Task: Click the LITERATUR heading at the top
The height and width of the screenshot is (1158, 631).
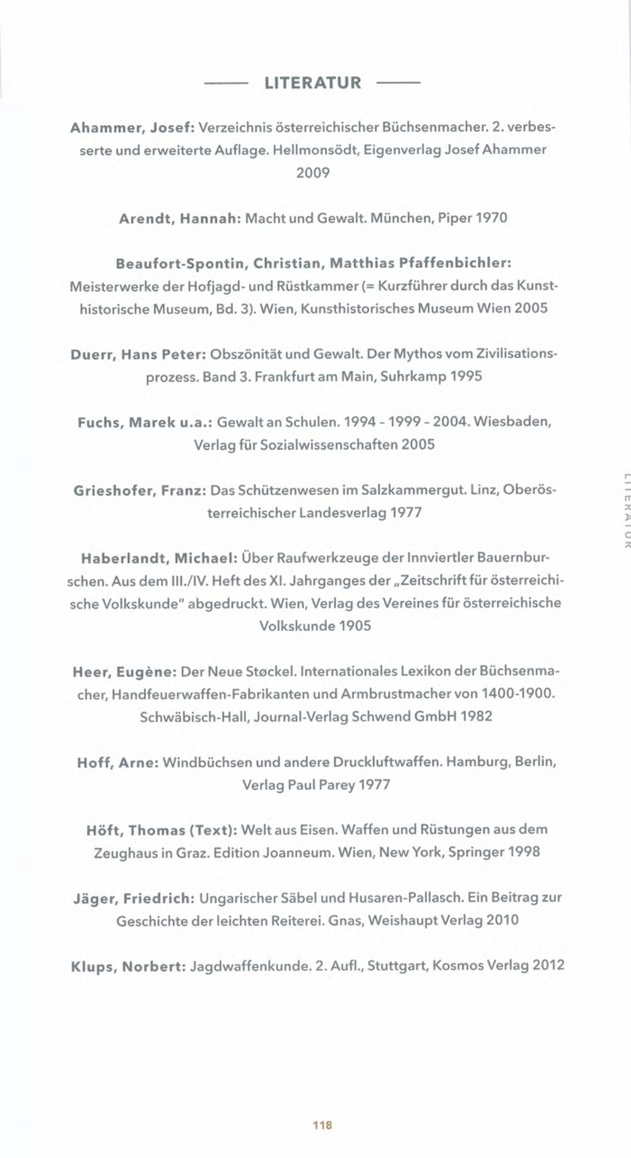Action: tap(312, 83)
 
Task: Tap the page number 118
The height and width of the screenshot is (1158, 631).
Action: tap(322, 1125)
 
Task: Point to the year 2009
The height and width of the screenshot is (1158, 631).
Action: tap(313, 173)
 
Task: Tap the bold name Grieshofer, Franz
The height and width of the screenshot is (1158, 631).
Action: tap(139, 491)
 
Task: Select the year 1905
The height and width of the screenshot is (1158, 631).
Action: tap(355, 626)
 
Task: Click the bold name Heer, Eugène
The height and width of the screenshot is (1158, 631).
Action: tap(124, 672)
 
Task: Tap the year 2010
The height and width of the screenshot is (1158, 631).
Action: tap(502, 920)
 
